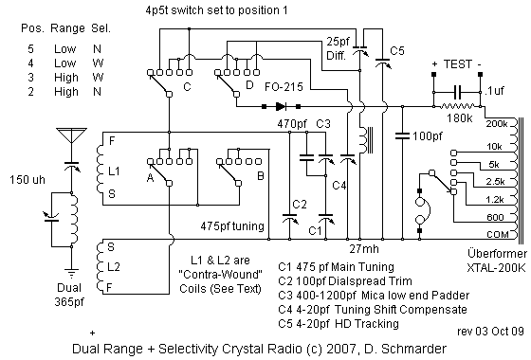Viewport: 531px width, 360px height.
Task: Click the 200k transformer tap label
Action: [x=495, y=124]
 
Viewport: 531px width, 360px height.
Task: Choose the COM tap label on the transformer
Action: [x=494, y=234]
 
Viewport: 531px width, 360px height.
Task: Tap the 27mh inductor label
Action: [x=364, y=247]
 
